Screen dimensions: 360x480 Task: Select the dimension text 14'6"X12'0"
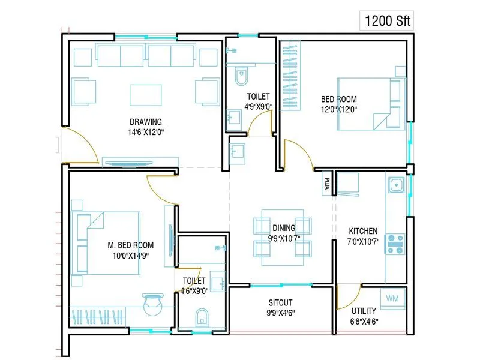[145, 132]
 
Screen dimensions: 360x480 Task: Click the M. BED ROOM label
[130, 245]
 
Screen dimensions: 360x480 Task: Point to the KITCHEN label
[363, 231]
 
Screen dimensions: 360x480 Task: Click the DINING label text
[284, 228]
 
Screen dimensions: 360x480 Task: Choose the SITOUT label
[280, 302]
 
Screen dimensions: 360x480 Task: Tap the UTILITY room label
[364, 311]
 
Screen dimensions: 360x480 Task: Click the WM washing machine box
[393, 298]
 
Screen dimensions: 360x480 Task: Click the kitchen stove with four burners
[395, 244]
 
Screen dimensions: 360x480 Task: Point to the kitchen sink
[395, 185]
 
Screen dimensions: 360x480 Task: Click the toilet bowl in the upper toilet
[241, 77]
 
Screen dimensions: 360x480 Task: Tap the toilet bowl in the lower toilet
[202, 316]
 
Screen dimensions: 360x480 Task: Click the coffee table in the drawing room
[146, 95]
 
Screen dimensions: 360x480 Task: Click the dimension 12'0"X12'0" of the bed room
[339, 109]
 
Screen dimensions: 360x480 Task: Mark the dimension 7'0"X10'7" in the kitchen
[363, 241]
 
